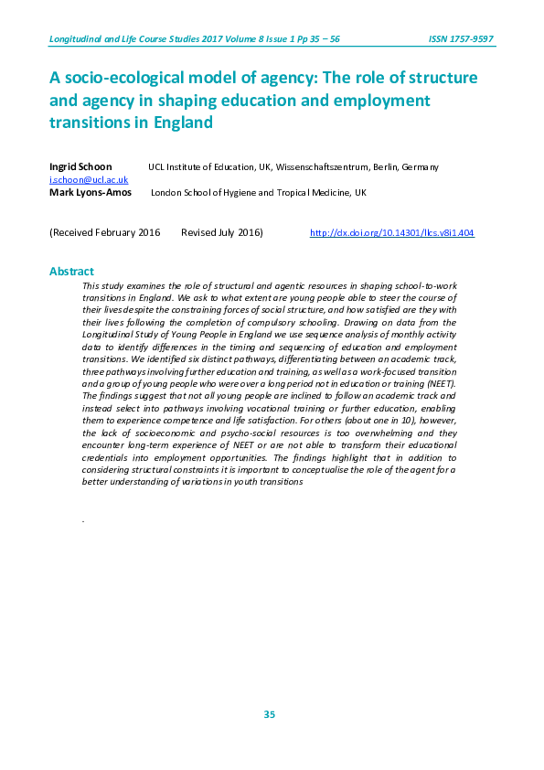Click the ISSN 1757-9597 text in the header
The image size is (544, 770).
461,39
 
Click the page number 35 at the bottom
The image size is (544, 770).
270,714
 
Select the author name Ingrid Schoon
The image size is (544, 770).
80,167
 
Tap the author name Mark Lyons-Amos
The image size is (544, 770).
90,193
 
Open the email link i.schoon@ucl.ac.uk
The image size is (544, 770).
82,180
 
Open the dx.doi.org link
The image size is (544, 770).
392,233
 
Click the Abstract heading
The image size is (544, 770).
71,272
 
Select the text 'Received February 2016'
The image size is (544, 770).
106,233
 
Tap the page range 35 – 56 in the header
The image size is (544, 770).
323,39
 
